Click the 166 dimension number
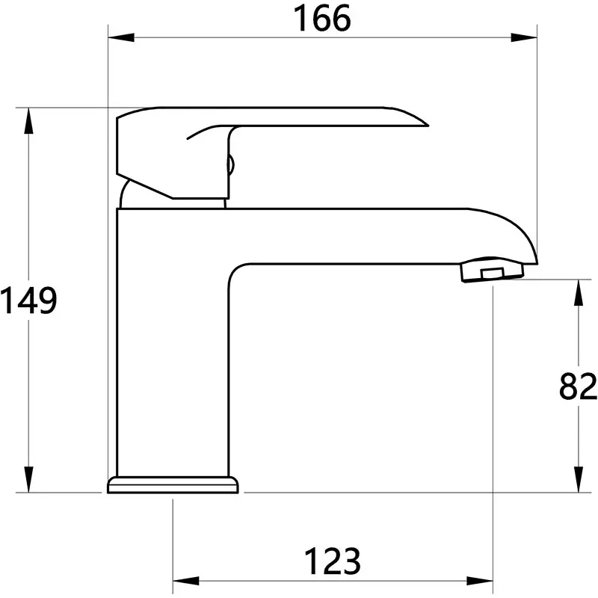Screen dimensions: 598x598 (x=322, y=18)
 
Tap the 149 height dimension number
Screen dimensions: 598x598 (x=28, y=300)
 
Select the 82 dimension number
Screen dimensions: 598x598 (x=578, y=386)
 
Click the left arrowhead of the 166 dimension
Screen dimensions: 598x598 (x=121, y=37)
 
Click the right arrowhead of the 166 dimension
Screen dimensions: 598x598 (x=524, y=37)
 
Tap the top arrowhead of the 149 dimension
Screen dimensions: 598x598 (x=28, y=121)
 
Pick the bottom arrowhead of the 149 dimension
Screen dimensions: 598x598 (x=28, y=479)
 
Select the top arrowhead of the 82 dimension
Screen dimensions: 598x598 (x=579, y=292)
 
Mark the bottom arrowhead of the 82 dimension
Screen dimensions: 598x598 (x=579, y=479)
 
